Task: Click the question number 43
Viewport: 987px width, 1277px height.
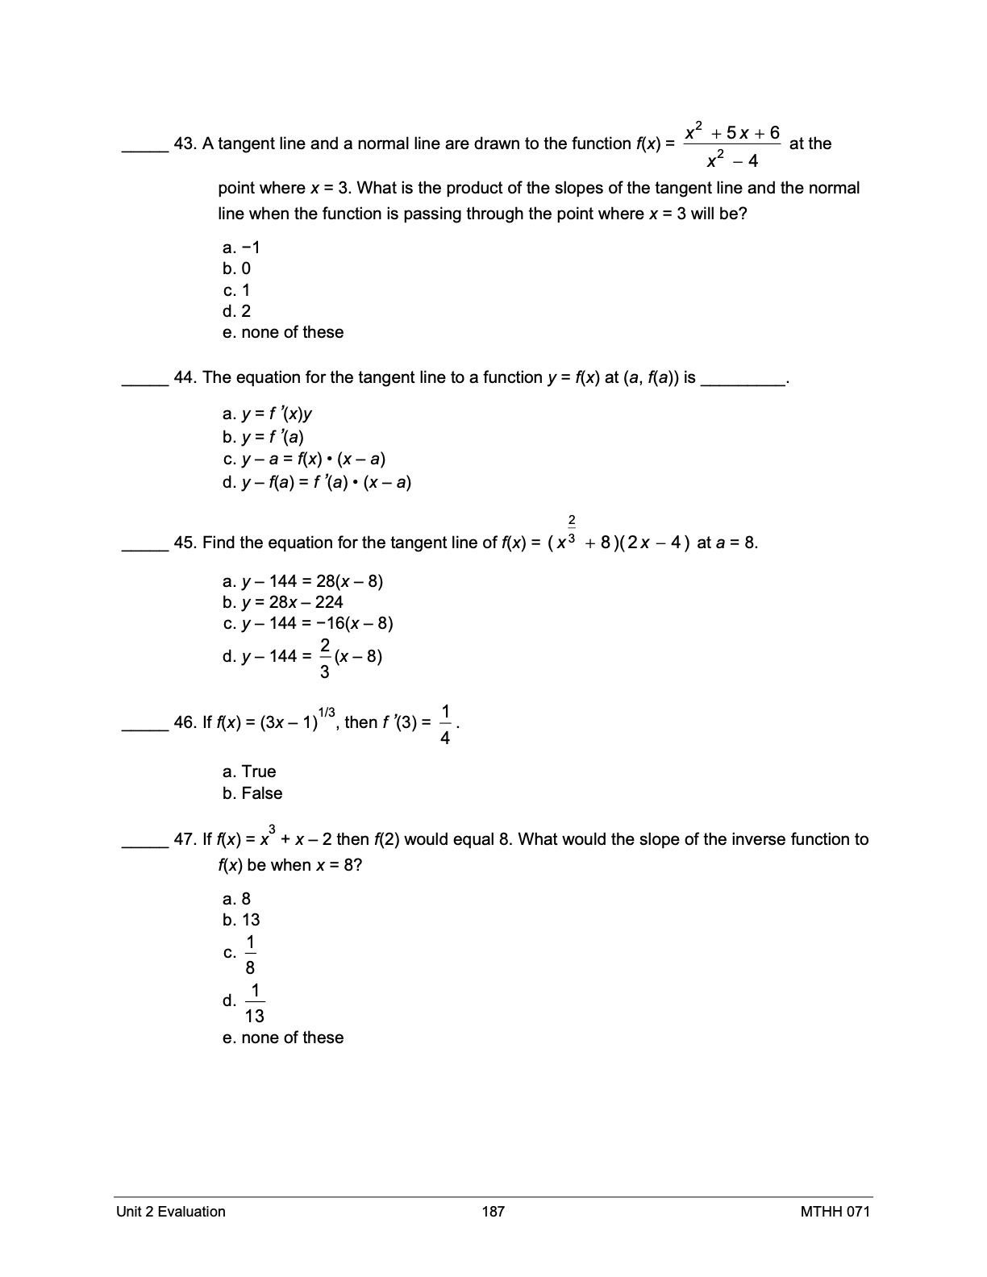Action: (185, 144)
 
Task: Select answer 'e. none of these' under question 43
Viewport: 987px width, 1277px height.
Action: (283, 333)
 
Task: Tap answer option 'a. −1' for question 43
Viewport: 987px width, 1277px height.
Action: (241, 247)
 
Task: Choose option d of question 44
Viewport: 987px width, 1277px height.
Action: (317, 483)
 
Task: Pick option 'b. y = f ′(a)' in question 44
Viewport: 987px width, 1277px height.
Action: (264, 438)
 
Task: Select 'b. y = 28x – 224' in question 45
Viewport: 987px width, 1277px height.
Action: (283, 602)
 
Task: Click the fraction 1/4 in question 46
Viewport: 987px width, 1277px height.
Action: (446, 723)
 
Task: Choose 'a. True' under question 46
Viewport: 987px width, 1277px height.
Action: (249, 772)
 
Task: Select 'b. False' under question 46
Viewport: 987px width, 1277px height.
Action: (252, 794)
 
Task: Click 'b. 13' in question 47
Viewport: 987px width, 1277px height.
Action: (241, 921)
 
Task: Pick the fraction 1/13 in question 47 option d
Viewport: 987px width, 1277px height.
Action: (255, 1003)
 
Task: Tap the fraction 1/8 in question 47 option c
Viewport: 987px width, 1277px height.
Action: (250, 955)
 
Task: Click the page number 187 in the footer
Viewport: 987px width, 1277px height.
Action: (493, 1212)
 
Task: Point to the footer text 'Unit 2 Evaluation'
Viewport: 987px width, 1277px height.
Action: (171, 1212)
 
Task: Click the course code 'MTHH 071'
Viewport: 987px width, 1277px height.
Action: (835, 1212)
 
